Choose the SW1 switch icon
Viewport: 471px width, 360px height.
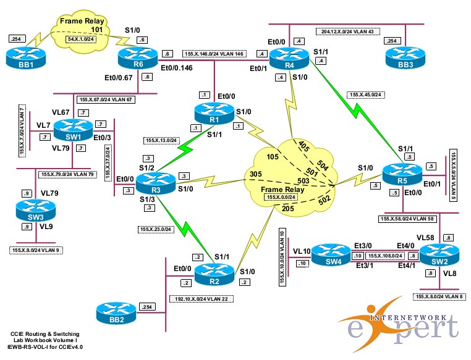point(72,130)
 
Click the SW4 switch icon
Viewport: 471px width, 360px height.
point(331,253)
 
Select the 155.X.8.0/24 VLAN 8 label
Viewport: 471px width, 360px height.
point(441,297)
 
